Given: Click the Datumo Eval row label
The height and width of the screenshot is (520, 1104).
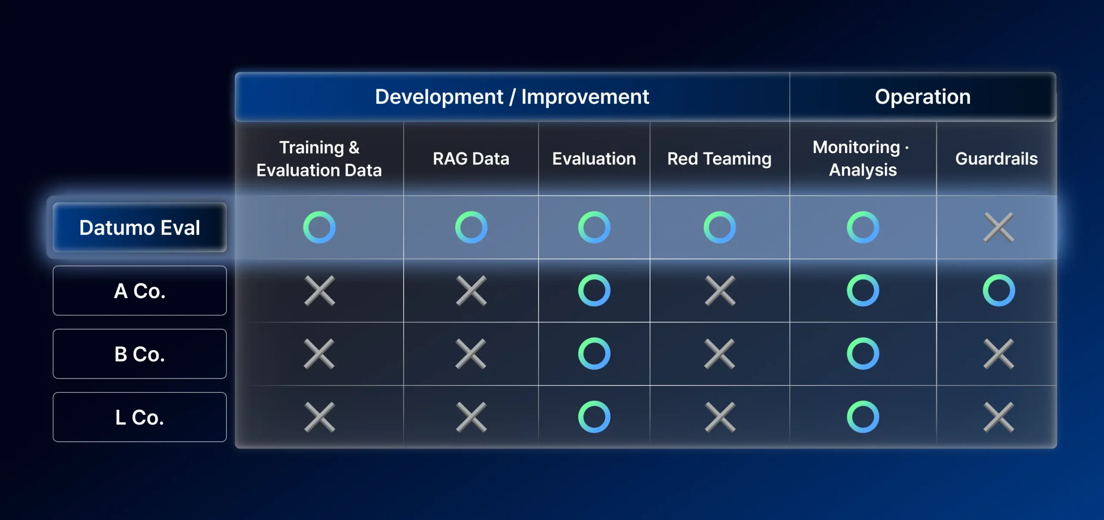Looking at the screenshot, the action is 140,227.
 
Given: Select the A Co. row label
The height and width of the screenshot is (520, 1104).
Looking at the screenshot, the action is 140,291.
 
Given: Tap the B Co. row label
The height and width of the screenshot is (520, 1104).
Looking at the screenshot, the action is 140,354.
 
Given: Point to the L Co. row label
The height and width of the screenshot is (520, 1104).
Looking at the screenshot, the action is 140,417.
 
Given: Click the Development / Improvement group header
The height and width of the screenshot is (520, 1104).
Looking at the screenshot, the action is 512,97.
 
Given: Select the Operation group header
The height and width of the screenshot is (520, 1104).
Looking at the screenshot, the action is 923,97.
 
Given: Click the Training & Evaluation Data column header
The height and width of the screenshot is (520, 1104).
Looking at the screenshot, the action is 319,159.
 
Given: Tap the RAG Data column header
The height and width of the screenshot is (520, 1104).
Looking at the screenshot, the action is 471,159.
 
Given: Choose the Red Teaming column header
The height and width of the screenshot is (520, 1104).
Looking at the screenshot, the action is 719,159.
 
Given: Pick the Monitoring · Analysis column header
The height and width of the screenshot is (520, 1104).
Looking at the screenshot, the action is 862,159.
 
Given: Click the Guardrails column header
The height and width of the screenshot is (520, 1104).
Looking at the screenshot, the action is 997,159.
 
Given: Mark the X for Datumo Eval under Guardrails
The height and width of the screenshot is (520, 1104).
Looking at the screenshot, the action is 999,227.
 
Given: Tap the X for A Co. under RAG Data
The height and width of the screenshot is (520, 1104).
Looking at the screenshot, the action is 471,291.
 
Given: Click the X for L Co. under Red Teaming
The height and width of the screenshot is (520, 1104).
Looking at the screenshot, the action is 720,417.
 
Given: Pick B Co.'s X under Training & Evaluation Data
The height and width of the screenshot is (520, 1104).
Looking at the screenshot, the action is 319,354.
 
